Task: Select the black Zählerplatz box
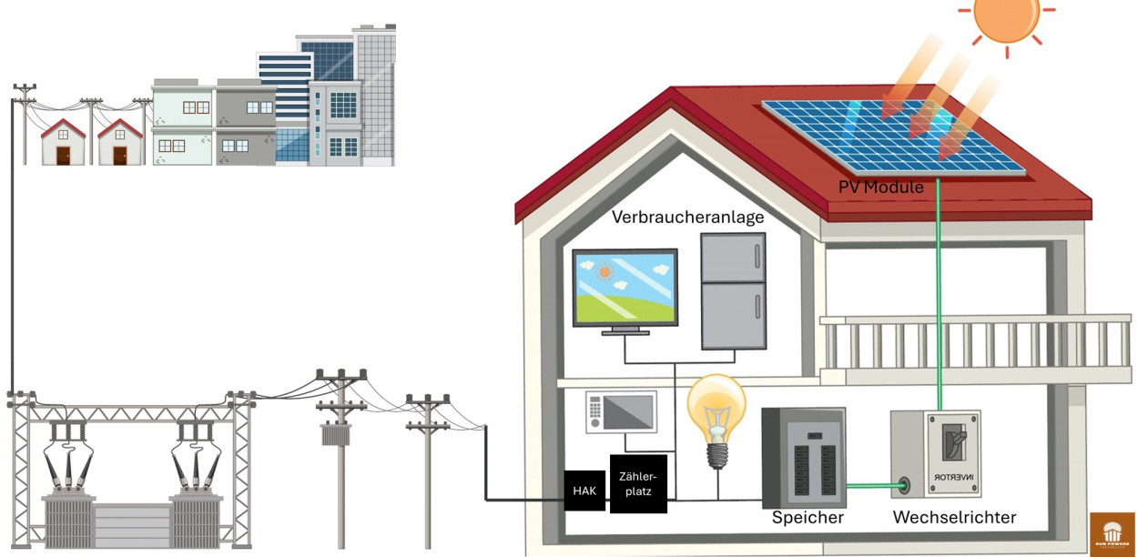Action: [637, 482]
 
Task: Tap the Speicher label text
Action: [808, 518]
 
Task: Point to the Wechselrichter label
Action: [954, 518]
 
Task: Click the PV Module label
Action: [881, 187]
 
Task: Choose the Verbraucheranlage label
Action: [687, 218]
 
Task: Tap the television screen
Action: [625, 287]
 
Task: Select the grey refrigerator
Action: [733, 291]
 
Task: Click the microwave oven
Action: [621, 412]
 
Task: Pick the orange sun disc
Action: [1006, 15]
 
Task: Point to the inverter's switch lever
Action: [953, 441]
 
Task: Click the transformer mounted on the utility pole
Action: [341, 433]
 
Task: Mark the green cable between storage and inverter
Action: [874, 485]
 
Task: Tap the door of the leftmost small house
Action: [63, 156]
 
